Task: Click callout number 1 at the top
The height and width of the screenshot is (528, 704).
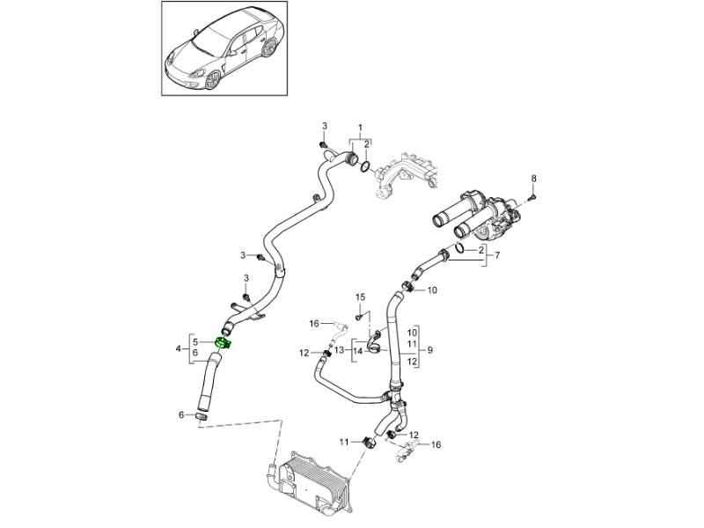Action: click(x=359, y=129)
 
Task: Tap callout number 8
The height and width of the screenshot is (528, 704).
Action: click(x=532, y=180)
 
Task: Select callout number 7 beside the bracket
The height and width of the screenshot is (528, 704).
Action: click(x=499, y=256)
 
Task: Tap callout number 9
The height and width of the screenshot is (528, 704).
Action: click(x=430, y=349)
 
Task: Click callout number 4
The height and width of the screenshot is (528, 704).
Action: click(x=179, y=349)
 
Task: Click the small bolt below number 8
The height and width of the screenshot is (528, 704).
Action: click(x=534, y=199)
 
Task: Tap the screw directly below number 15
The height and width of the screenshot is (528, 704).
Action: click(x=359, y=315)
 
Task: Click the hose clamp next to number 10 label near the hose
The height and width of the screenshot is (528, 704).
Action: click(x=408, y=286)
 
